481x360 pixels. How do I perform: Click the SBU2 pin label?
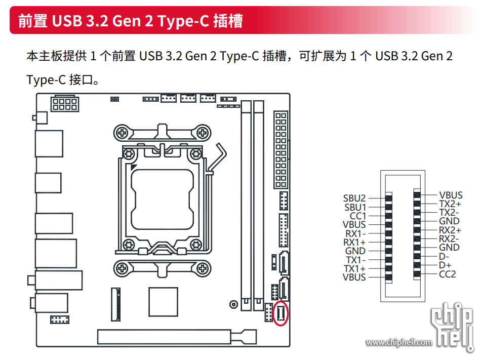(x=354, y=198)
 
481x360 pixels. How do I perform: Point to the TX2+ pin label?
(x=450, y=204)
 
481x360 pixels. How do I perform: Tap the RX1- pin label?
(x=355, y=233)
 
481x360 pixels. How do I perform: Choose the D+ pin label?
(x=445, y=265)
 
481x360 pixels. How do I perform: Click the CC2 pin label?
(x=447, y=274)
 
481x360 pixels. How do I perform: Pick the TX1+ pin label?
(x=354, y=268)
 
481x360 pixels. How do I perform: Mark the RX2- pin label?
(x=449, y=238)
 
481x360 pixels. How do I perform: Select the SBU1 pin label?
(x=355, y=207)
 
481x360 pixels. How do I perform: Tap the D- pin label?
(x=444, y=256)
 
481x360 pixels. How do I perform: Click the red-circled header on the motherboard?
(x=280, y=314)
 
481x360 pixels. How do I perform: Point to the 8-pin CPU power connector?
(x=64, y=103)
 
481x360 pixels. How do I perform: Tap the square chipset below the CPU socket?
(x=163, y=302)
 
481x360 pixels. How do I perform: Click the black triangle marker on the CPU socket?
(x=133, y=167)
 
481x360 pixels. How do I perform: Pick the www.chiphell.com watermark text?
(x=399, y=343)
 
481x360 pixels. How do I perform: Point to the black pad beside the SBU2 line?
(x=389, y=198)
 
